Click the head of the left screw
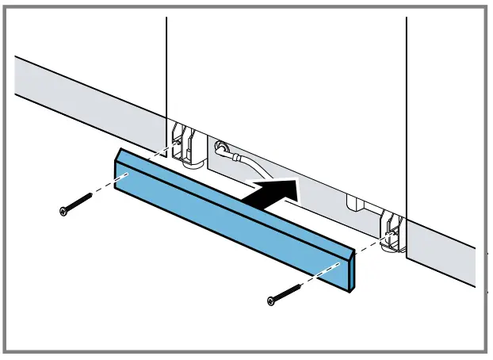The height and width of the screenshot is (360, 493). point(64,210)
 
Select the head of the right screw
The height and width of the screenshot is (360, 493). point(272,300)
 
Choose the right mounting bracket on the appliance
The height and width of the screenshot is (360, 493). point(390,232)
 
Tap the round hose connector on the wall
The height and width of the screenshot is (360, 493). point(220,147)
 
